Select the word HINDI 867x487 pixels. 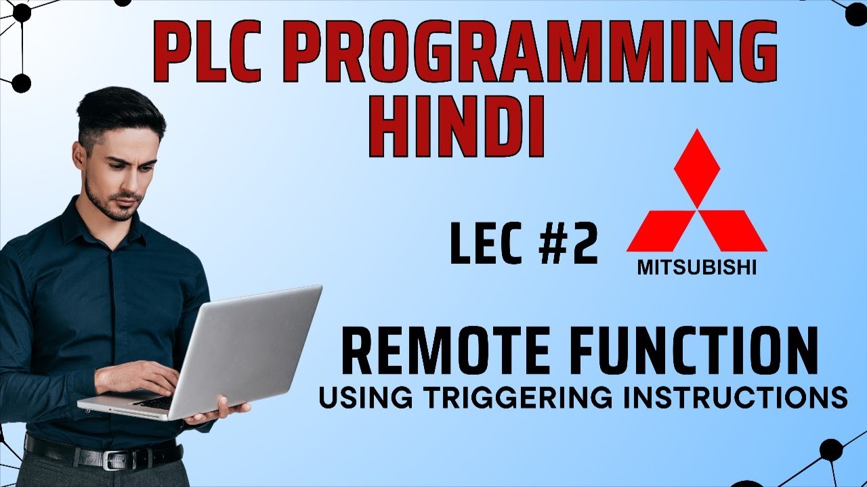461,129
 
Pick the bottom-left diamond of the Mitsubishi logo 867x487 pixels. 661,231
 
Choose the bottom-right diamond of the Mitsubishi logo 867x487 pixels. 733,231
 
